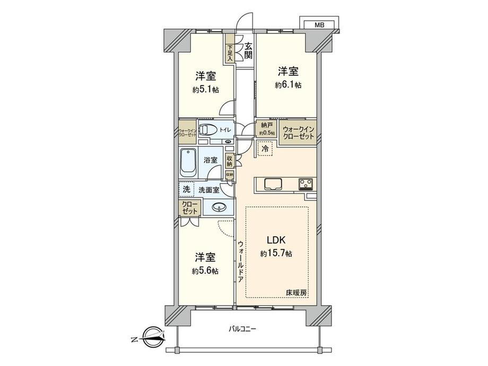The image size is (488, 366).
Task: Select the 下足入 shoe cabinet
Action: (x=230, y=50)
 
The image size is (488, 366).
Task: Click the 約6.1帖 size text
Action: (x=289, y=85)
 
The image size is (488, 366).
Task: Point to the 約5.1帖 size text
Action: (x=205, y=90)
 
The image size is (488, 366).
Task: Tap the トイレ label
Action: (x=225, y=129)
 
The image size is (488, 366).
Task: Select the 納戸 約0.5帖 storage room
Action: (x=267, y=129)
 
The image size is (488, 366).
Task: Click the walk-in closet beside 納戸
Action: (x=299, y=132)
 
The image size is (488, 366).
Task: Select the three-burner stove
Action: (x=306, y=184)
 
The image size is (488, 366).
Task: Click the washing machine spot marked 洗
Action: (x=186, y=189)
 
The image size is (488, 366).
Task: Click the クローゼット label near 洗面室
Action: (x=189, y=207)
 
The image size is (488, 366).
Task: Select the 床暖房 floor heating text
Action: (x=297, y=293)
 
